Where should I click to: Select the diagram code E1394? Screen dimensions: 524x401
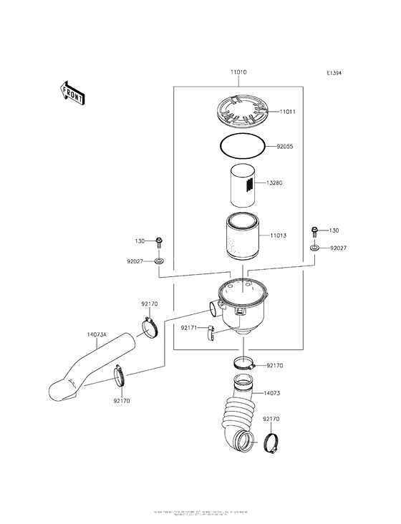point(334,73)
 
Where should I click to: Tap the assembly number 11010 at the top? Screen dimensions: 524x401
point(238,73)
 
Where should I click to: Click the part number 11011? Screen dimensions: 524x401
point(288,112)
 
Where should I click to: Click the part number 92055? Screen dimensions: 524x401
point(285,146)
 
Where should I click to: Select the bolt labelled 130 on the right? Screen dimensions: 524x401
point(314,232)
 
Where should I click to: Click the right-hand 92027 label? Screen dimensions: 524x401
point(339,248)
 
